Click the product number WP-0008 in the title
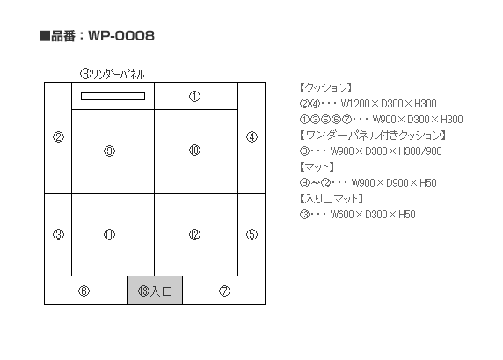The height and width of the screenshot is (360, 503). coord(121,35)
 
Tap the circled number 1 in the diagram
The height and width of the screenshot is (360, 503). coord(194,96)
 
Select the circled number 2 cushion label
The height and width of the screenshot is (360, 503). coord(58,137)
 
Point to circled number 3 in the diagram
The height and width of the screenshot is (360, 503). coord(58,234)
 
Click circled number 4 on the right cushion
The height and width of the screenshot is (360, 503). coord(251,137)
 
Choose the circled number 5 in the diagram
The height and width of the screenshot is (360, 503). coord(251,234)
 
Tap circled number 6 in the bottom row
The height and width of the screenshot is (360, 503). coord(84,291)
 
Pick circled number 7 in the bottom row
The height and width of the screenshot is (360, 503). coord(224,291)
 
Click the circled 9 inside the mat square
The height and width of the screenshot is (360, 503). coord(109,151)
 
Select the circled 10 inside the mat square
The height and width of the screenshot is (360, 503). coord(194,150)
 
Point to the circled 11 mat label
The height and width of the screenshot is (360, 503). coord(109,235)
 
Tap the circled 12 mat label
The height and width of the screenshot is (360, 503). coord(194,235)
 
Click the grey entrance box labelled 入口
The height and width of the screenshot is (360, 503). coord(155,290)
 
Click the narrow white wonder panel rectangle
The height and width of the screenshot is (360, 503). coord(113,96)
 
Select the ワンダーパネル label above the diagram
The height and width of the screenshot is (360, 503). coord(118,74)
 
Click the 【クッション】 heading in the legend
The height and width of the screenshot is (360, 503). coord(325,87)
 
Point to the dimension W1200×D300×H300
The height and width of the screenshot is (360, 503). coord(389,103)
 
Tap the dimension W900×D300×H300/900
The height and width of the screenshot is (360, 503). coord(386,151)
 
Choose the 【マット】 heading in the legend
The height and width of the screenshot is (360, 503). coord(317,166)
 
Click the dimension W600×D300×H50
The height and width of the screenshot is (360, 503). coord(373,214)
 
